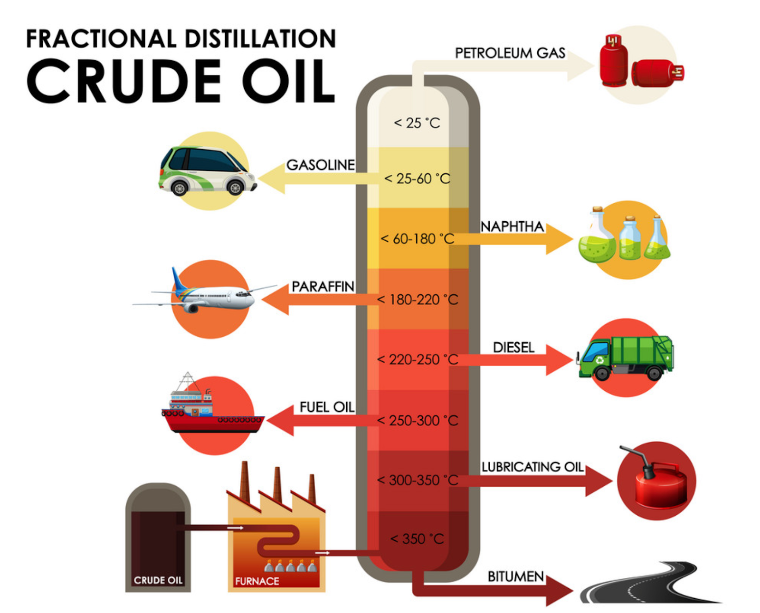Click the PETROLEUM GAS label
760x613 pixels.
click(x=510, y=53)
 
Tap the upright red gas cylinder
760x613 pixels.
click(x=614, y=62)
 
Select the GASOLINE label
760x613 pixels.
click(x=320, y=165)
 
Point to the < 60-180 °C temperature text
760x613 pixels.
click(x=417, y=239)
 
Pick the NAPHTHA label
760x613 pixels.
click(x=512, y=227)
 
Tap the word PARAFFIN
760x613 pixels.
click(x=323, y=287)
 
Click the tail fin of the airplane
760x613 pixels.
click(x=179, y=280)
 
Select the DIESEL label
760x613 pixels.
click(x=513, y=348)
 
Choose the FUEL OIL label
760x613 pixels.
click(x=327, y=407)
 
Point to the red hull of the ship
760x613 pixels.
click(x=214, y=424)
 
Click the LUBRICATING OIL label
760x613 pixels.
click(x=532, y=467)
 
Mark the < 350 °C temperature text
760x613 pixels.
click(x=417, y=539)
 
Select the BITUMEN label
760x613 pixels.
click(x=515, y=576)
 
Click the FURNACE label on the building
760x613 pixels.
click(x=257, y=581)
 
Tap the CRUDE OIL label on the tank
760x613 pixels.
click(x=158, y=580)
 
